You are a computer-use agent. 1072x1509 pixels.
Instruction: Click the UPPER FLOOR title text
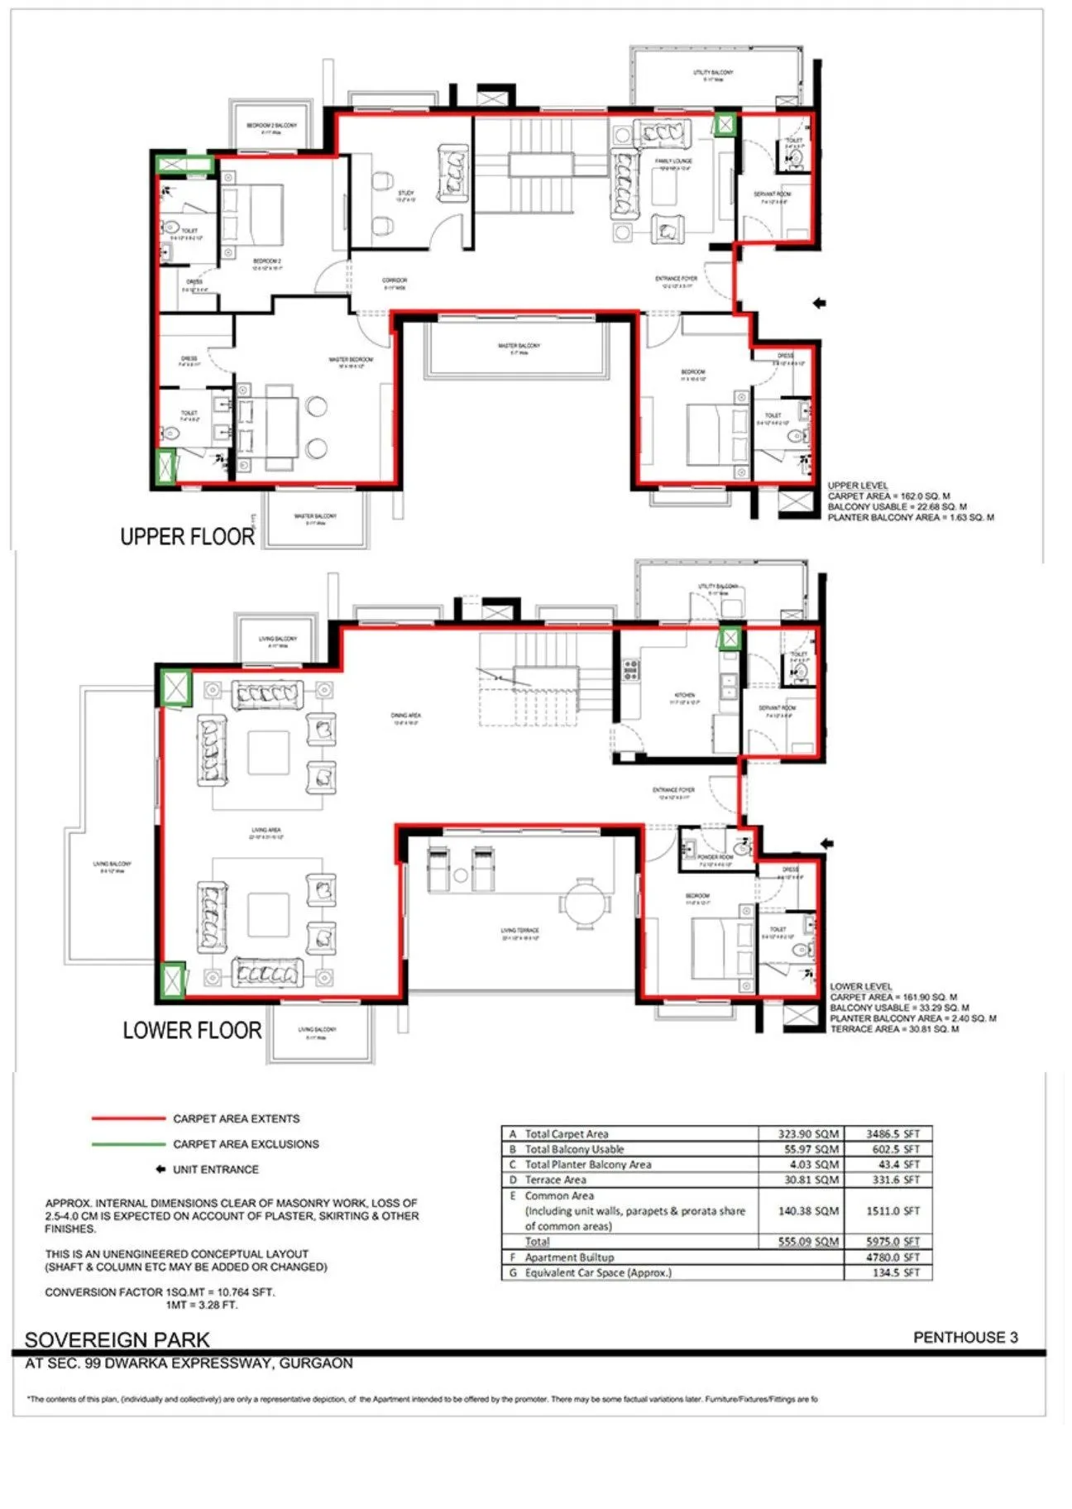coord(187,537)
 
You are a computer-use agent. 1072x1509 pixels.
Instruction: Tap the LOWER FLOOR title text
coord(192,1031)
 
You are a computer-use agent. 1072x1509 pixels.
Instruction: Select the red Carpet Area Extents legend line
coord(128,1119)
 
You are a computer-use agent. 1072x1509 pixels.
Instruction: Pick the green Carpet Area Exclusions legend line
coord(128,1144)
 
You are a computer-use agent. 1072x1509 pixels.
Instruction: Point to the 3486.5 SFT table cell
coord(892,1134)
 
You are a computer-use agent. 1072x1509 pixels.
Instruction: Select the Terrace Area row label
coord(555,1180)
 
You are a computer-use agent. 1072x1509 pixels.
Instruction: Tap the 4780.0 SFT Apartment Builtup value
coord(892,1257)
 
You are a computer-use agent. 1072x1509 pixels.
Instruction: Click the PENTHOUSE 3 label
coord(965,1337)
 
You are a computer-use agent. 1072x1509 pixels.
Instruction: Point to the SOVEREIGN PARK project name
coord(117,1339)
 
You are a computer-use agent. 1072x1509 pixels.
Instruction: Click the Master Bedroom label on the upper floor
coord(351,360)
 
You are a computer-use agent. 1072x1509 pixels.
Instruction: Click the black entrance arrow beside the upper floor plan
coord(820,304)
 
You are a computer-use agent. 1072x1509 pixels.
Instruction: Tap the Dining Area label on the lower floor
coord(406,717)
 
